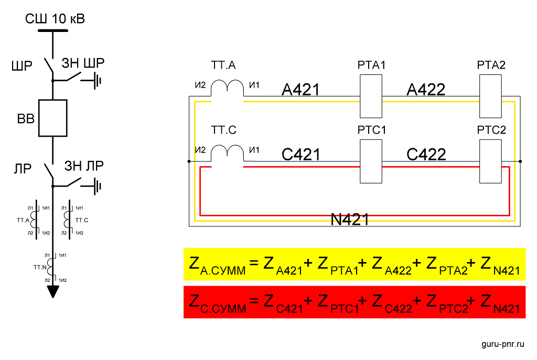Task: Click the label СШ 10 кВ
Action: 55,19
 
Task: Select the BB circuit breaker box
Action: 53,118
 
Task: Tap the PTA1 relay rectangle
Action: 371,96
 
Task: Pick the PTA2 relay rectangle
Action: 491,96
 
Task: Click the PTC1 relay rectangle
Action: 371,161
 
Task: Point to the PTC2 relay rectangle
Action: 491,161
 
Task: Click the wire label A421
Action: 300,90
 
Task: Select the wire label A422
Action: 426,90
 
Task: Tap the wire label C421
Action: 300,155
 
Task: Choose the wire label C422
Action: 426,155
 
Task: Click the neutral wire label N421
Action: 350,220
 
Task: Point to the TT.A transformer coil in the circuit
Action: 227,88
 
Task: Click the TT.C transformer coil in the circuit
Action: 227,153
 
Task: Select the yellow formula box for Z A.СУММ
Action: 354,265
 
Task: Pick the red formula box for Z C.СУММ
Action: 354,302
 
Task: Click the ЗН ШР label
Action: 84,63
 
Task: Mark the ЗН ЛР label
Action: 84,166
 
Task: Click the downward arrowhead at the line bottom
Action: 53,291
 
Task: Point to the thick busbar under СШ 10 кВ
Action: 53,30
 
